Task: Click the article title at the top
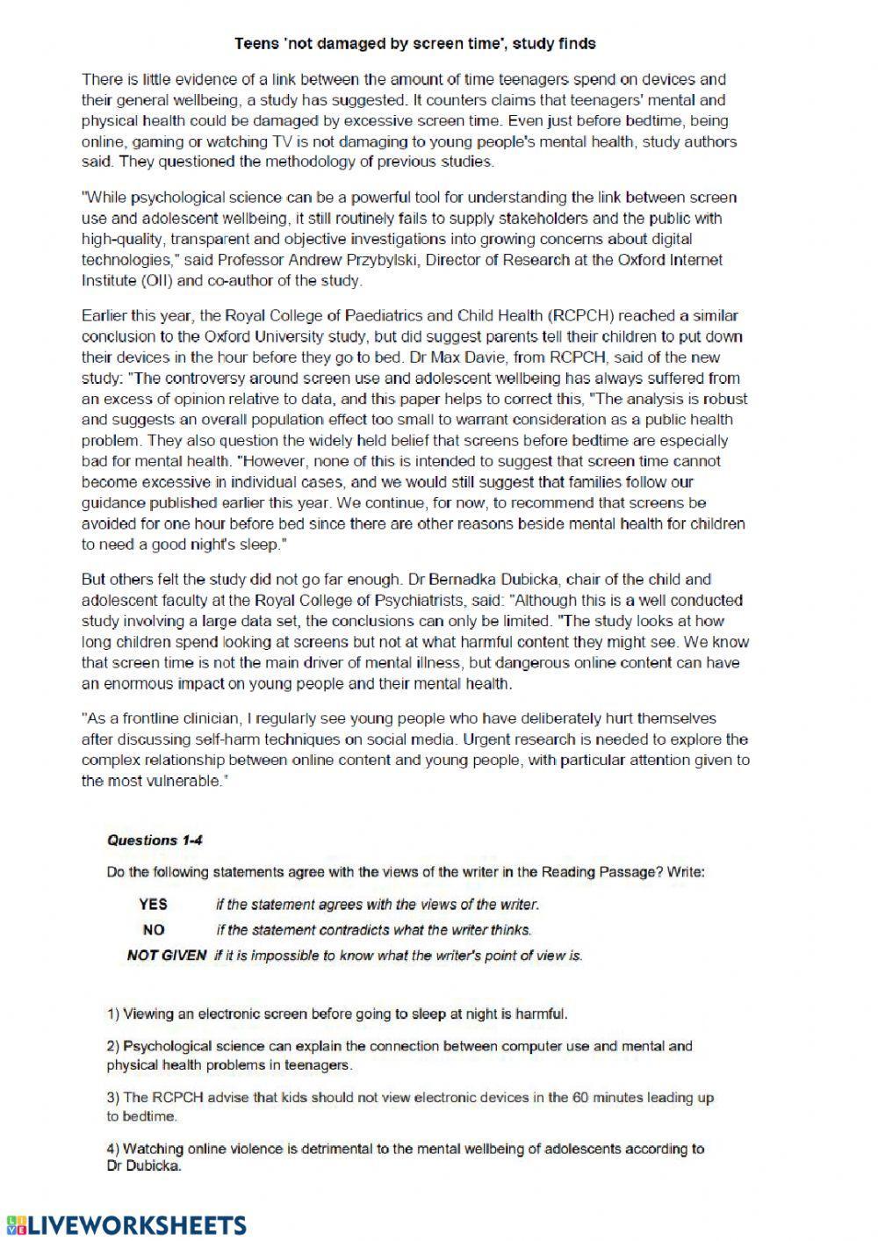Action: (x=415, y=42)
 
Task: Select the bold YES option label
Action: (x=153, y=904)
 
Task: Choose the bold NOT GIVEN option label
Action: (x=167, y=956)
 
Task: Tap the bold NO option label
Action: (x=153, y=929)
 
